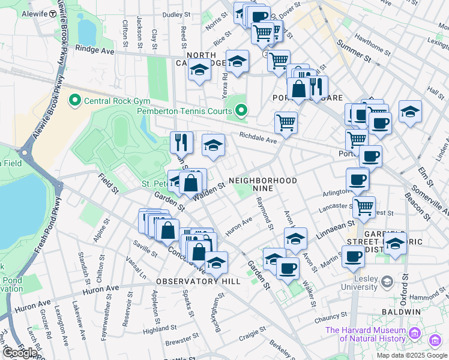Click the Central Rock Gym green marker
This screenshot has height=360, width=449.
[x=75, y=100]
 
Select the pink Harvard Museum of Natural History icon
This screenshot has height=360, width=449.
[x=414, y=332]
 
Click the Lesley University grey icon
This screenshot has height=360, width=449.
[x=387, y=281]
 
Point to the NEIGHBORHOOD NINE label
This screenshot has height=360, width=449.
[x=263, y=184]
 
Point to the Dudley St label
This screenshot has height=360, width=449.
[x=176, y=14]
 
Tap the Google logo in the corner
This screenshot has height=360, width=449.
[x=19, y=353]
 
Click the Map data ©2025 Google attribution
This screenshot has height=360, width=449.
[x=412, y=355]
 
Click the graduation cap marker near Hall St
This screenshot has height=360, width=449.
[x=410, y=111]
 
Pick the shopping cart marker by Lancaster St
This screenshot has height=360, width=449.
[x=364, y=207]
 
